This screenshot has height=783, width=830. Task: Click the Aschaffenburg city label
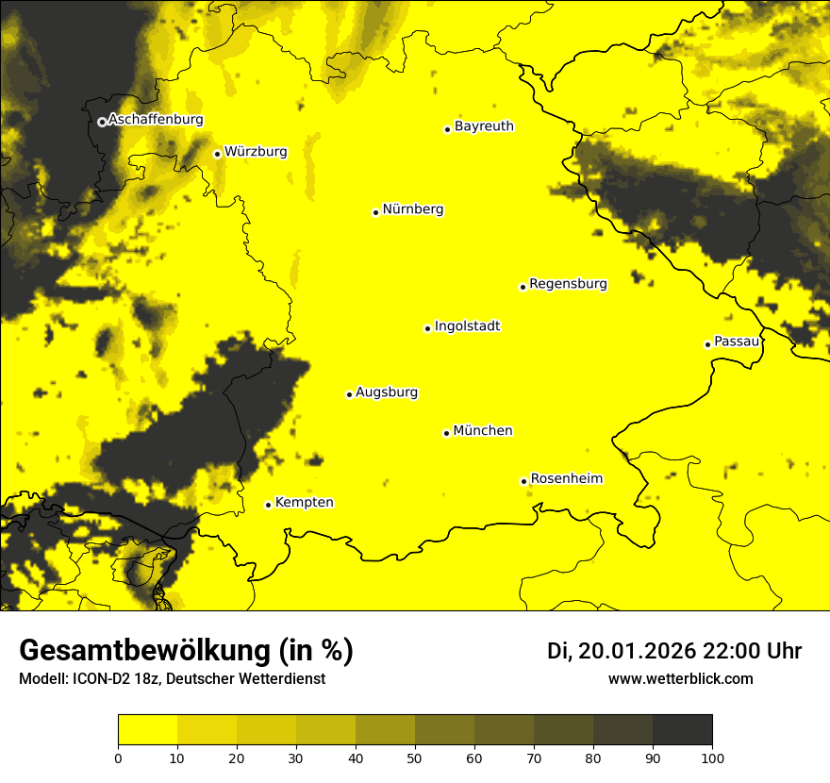[156, 120]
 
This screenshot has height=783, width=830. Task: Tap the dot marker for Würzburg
[217, 154]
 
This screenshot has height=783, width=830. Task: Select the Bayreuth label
[484, 125]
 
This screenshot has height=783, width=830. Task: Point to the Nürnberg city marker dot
[375, 212]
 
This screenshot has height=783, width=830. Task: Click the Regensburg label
[568, 283]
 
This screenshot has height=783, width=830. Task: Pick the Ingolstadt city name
[467, 326]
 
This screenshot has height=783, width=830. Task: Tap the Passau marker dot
[707, 344]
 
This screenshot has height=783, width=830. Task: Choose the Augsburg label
[387, 392]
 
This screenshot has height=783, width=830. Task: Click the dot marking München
[446, 433]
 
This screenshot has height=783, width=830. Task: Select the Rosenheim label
[566, 478]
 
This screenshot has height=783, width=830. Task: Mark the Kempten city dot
[268, 505]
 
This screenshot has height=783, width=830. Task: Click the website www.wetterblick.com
[680, 678]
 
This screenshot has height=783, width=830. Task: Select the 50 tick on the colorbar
[415, 758]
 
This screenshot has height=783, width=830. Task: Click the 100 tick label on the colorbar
[712, 758]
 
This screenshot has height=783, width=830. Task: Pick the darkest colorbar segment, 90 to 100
[682, 730]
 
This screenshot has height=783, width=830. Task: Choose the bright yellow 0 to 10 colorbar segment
[147, 730]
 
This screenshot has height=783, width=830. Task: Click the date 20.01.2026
[637, 651]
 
